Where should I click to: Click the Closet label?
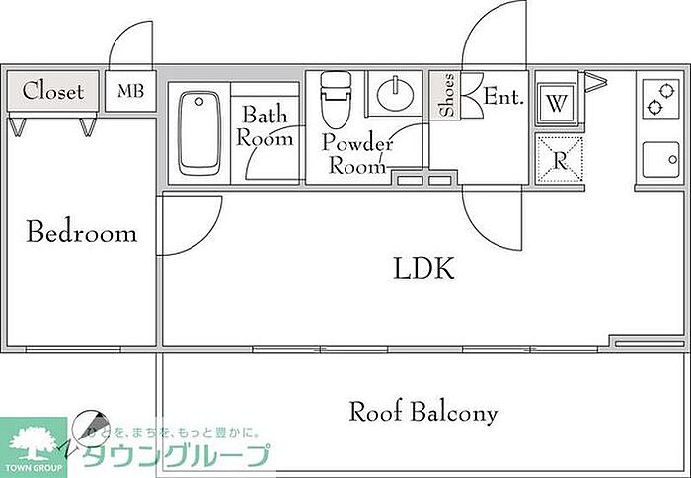click(x=53, y=91)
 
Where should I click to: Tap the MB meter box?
click(x=130, y=91)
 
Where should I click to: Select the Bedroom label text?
click(x=82, y=231)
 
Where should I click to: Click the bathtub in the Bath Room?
click(x=199, y=132)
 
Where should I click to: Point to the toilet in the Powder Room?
click(x=336, y=100)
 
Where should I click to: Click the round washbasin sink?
click(x=395, y=94)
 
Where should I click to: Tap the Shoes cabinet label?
click(x=447, y=95)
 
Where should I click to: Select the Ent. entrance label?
click(x=503, y=96)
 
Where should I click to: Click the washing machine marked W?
click(x=557, y=104)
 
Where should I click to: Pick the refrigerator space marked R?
click(x=560, y=160)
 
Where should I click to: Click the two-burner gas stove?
click(x=660, y=99)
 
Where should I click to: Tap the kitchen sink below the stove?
click(x=660, y=160)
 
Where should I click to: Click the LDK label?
click(x=423, y=268)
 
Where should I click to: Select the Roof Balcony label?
click(x=423, y=412)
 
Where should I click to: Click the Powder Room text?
click(x=357, y=153)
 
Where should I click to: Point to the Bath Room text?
click(x=265, y=126)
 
